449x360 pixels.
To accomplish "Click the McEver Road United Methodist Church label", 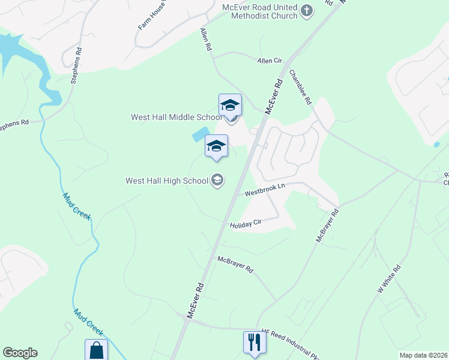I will click(260, 11).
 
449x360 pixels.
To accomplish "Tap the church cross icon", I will click(307, 10).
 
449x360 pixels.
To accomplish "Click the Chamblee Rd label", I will click(300, 88).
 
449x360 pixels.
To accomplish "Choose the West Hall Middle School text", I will click(176, 118).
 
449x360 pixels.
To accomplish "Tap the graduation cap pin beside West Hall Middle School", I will click(230, 105).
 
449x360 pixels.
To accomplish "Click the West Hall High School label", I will click(166, 180).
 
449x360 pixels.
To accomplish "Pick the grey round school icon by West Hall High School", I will click(217, 180).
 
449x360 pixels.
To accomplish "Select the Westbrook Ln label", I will click(264, 190).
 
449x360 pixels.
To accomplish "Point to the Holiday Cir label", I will click(246, 224).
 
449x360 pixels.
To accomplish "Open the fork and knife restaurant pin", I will click(255, 342).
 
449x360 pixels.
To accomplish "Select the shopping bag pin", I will click(96, 350).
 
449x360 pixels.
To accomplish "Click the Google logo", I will click(20, 353).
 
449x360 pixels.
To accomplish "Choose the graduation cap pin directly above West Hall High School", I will click(217, 146).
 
